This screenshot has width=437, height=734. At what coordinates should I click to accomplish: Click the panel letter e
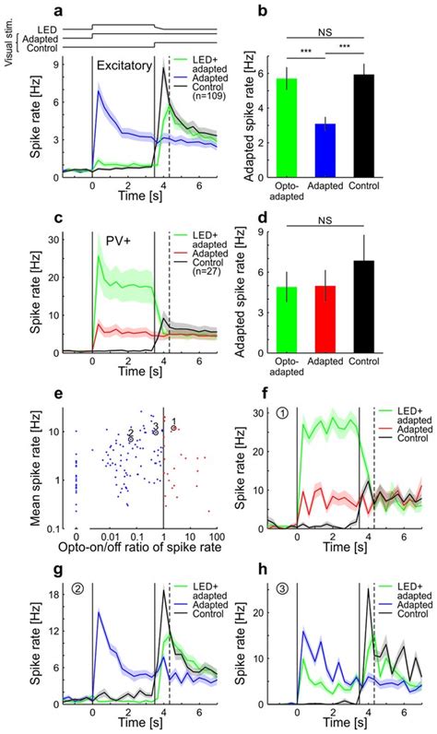(58, 395)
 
